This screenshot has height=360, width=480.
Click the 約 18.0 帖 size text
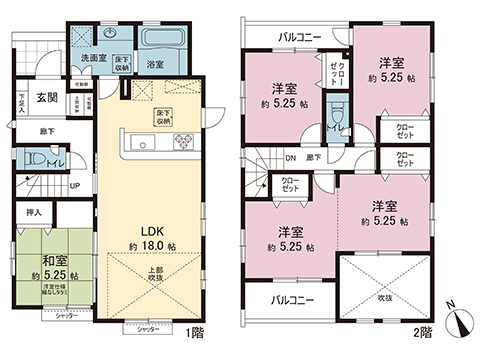tap(152, 244)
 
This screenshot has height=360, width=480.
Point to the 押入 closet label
tap(34, 212)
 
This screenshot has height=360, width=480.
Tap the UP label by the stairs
tap(75, 185)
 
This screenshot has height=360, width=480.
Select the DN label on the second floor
tap(291, 157)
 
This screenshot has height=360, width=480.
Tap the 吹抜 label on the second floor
tap(386, 298)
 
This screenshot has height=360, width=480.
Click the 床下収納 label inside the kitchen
tap(161, 116)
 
